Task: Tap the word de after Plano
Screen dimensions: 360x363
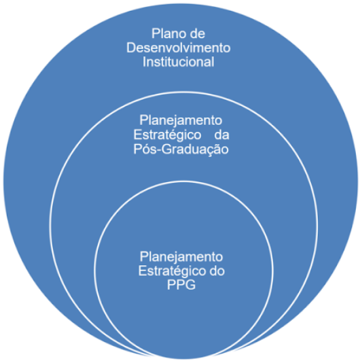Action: (198, 33)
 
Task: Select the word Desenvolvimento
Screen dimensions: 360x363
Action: (179, 48)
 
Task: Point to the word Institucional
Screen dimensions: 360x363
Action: (179, 62)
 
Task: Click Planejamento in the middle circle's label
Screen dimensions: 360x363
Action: (181, 120)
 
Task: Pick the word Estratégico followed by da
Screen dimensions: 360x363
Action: (167, 135)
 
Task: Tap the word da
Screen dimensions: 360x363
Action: (221, 135)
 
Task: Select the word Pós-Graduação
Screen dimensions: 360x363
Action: (181, 149)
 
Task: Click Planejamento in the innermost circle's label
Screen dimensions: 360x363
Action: (181, 257)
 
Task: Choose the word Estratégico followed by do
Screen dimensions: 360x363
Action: (172, 271)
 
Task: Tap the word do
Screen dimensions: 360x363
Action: (217, 271)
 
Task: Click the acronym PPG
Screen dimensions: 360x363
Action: (181, 285)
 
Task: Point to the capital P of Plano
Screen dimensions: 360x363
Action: (156, 33)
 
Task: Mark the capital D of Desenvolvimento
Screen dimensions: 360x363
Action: (130, 48)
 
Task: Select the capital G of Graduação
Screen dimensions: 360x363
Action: (166, 150)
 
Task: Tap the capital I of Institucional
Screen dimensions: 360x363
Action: (144, 62)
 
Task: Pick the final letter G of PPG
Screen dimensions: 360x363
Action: (191, 285)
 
